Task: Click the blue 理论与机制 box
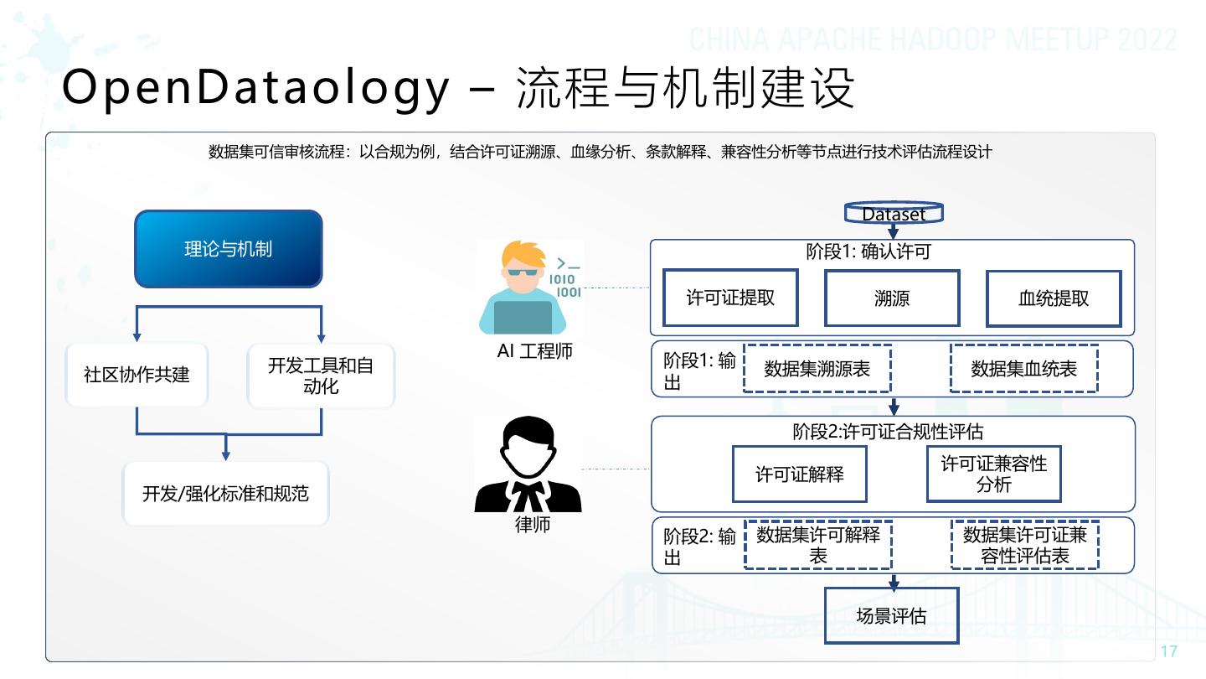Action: (x=228, y=249)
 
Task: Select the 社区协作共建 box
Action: (x=137, y=374)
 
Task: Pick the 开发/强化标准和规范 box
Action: (x=225, y=494)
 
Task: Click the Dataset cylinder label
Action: (x=894, y=214)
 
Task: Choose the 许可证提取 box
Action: (x=730, y=298)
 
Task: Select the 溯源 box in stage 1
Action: (x=892, y=298)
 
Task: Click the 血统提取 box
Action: (x=1054, y=298)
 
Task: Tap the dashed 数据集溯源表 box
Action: (x=817, y=369)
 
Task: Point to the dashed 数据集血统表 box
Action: (x=1023, y=369)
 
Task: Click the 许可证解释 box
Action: (x=800, y=474)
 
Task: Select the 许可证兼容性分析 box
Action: (x=994, y=474)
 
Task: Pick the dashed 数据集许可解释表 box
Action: (x=817, y=545)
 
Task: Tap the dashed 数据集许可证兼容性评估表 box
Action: (x=1024, y=545)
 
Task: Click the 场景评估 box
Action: (x=891, y=615)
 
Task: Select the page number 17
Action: (x=1169, y=651)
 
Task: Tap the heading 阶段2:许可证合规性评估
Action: (x=888, y=432)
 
